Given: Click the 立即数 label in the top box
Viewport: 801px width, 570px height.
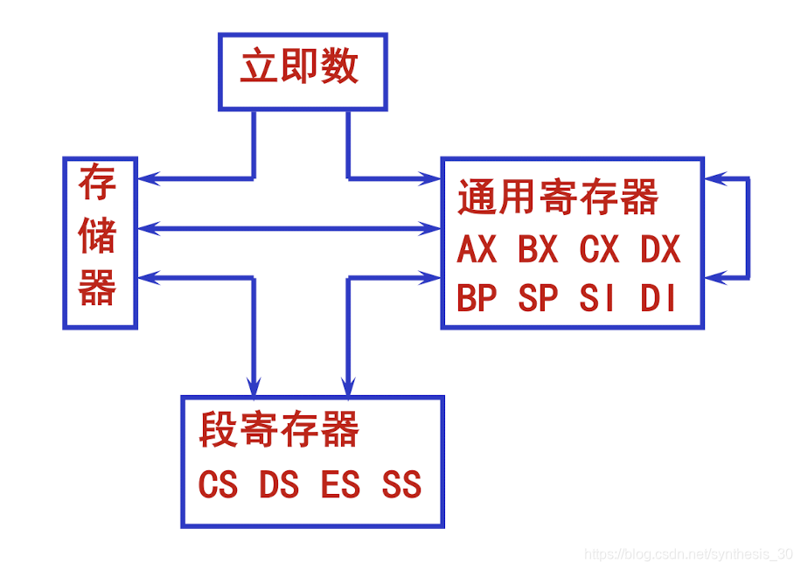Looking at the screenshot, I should coord(300,67).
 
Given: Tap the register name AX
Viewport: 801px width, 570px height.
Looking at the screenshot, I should coord(477,251).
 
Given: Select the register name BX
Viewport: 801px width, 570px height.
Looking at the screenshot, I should coord(538,251).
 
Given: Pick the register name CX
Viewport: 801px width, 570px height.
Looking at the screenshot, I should coord(599,251).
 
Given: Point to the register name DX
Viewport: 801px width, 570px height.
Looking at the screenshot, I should coord(660,251).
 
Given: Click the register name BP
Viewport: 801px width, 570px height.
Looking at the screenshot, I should coord(477,299).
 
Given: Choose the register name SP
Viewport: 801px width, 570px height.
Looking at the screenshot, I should coord(538,299).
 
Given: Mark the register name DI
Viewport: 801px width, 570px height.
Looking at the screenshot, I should coord(658,299).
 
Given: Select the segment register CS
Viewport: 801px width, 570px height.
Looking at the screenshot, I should coord(218,485).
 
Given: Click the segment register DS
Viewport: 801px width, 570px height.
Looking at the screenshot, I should coord(279,485).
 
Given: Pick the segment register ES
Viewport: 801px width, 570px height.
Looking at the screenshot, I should coord(340,485).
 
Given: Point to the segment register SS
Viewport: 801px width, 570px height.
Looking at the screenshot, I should coord(401,485).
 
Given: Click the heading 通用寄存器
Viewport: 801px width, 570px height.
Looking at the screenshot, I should coord(558,198).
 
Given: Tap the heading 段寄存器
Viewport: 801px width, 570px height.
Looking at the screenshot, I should coord(280,430).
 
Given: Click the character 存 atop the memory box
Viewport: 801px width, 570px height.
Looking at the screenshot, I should coord(98,185).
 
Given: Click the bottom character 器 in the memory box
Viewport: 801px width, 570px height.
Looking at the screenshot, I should coord(98,287).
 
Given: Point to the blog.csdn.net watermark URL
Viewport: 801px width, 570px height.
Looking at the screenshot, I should coord(688,554).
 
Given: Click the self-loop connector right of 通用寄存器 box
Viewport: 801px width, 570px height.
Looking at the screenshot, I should coord(748,228).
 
